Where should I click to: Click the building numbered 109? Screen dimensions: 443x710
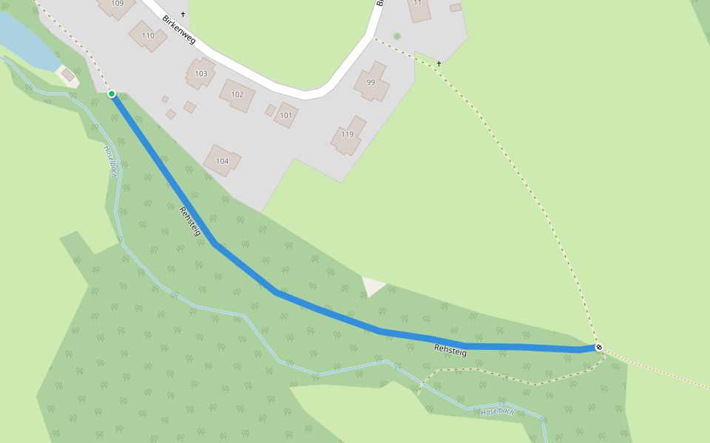[116, 6]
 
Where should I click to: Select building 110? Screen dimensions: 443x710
[148, 35]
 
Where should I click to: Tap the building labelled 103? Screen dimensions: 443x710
[200, 74]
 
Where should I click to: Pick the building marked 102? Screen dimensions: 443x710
[237, 95]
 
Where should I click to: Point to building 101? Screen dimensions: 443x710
[285, 115]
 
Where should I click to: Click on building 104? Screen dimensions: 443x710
[222, 160]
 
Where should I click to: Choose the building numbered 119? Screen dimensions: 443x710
[348, 135]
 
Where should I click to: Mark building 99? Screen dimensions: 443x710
[371, 83]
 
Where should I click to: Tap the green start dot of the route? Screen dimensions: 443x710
[112, 94]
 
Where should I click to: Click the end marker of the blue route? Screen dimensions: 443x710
[598, 347]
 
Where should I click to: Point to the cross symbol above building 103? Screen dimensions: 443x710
[183, 14]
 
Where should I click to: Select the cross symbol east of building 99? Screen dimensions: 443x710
[439, 63]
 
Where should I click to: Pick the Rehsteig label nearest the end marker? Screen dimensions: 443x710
[450, 351]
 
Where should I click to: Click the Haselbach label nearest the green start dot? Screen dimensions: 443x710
[110, 160]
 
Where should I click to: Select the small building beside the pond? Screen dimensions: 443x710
[68, 75]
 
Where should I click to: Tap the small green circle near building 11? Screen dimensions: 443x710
[397, 36]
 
